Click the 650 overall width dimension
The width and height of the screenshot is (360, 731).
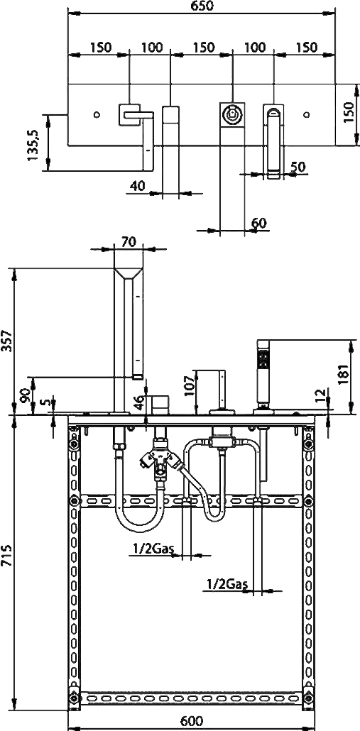coord(202,6)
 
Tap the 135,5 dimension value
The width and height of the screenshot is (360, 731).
coord(33,145)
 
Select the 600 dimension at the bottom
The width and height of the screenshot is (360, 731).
coord(191,721)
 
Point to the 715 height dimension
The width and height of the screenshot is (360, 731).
coord(6,555)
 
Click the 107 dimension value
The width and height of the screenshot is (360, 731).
coord(189,385)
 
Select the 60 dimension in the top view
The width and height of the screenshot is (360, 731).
coord(258,223)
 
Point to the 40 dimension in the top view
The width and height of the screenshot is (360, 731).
coord(137,186)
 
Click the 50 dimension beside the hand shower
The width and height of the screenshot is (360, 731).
coord(298,167)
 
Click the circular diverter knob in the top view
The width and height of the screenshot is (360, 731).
coord(231,114)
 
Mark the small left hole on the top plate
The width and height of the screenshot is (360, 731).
coord(97,114)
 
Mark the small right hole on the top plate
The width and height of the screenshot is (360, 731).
coord(307,114)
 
